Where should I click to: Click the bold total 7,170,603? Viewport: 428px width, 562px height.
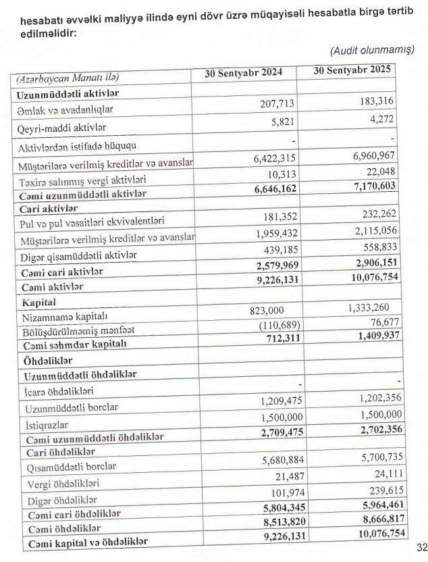(x=375, y=185)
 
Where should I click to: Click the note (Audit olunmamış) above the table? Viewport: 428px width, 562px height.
(x=372, y=51)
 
